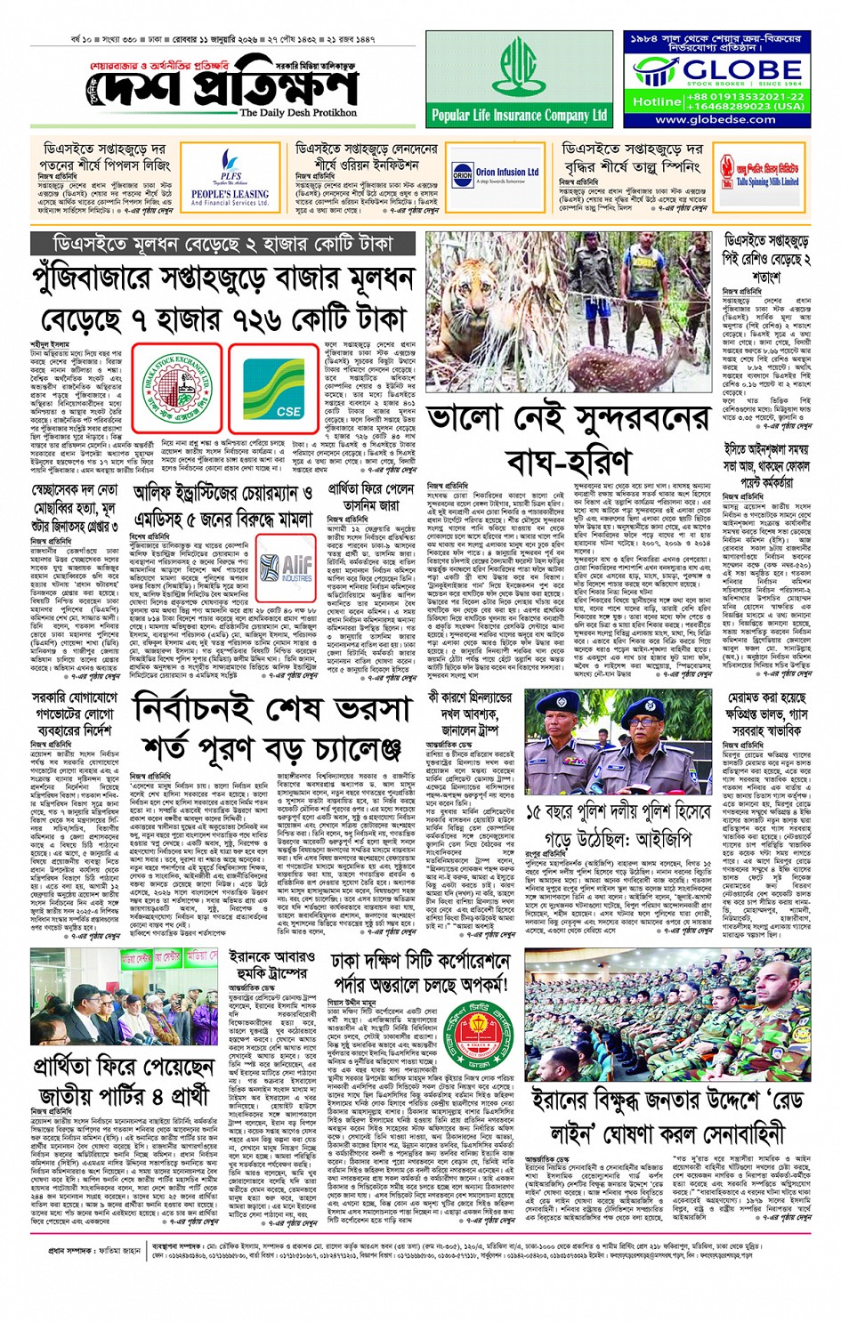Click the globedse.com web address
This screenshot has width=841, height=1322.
point(716,119)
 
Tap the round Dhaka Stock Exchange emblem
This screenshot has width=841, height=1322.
point(177,385)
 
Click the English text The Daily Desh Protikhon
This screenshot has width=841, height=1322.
point(297,113)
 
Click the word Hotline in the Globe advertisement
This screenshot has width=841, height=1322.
point(655,101)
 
